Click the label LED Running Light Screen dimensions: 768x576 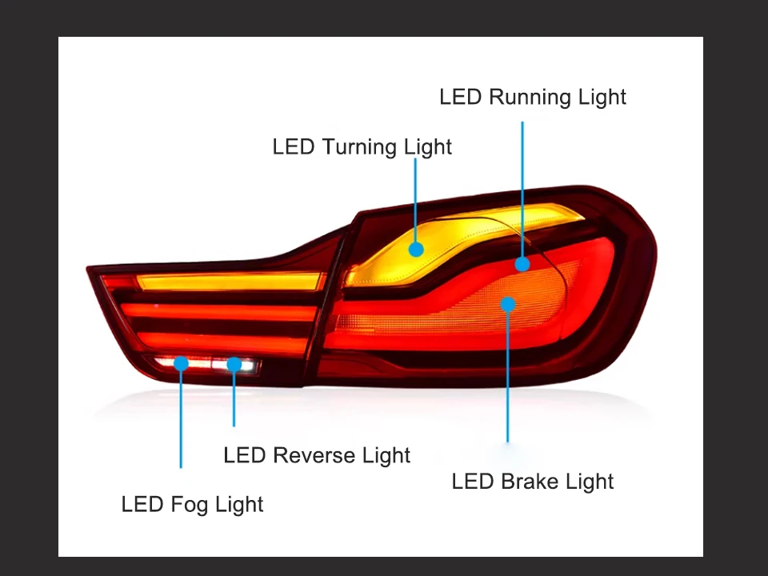(x=532, y=98)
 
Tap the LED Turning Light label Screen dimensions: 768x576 (x=362, y=147)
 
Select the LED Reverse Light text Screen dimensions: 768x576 (x=317, y=456)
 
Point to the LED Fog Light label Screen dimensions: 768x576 (x=192, y=505)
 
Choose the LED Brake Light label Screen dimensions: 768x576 (x=532, y=482)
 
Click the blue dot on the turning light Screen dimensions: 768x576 (x=416, y=249)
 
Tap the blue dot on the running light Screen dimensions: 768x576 (x=522, y=264)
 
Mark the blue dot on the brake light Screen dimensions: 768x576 (x=508, y=303)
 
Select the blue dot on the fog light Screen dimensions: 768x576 (x=181, y=364)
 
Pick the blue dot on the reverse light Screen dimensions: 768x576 (x=234, y=365)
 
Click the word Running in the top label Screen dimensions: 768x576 (x=532, y=98)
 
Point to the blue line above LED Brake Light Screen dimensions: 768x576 (x=508, y=376)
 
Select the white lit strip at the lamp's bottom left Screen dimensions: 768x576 (x=208, y=364)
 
